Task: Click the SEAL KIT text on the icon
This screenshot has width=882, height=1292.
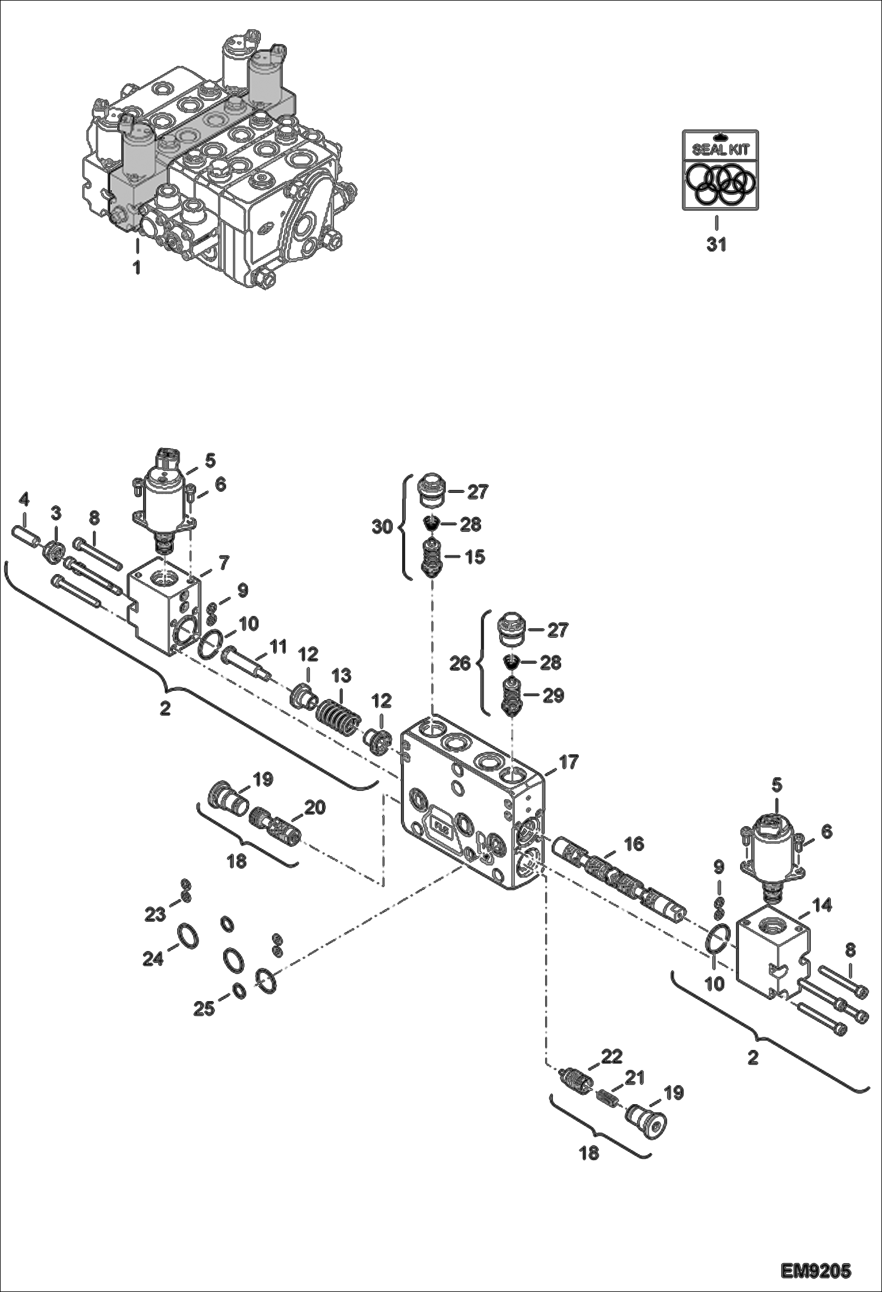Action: click(x=720, y=149)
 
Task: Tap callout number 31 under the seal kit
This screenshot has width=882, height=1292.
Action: click(x=717, y=244)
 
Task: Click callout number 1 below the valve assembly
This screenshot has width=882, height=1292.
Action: click(x=137, y=268)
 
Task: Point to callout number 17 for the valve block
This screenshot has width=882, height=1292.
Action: click(x=569, y=761)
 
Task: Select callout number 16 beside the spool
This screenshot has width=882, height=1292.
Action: click(x=634, y=844)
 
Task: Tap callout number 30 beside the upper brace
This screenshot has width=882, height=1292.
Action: click(x=382, y=526)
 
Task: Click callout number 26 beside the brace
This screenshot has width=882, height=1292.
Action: click(x=460, y=664)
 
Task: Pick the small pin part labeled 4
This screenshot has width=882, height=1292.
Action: click(x=26, y=537)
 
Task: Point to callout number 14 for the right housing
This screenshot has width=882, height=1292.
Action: click(x=823, y=906)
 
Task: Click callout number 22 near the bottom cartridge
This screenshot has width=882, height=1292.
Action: click(x=612, y=1056)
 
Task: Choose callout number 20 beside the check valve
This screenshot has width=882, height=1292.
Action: click(x=314, y=807)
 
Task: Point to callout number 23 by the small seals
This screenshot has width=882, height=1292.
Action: click(x=155, y=915)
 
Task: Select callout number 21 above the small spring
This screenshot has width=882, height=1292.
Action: click(x=634, y=1078)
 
